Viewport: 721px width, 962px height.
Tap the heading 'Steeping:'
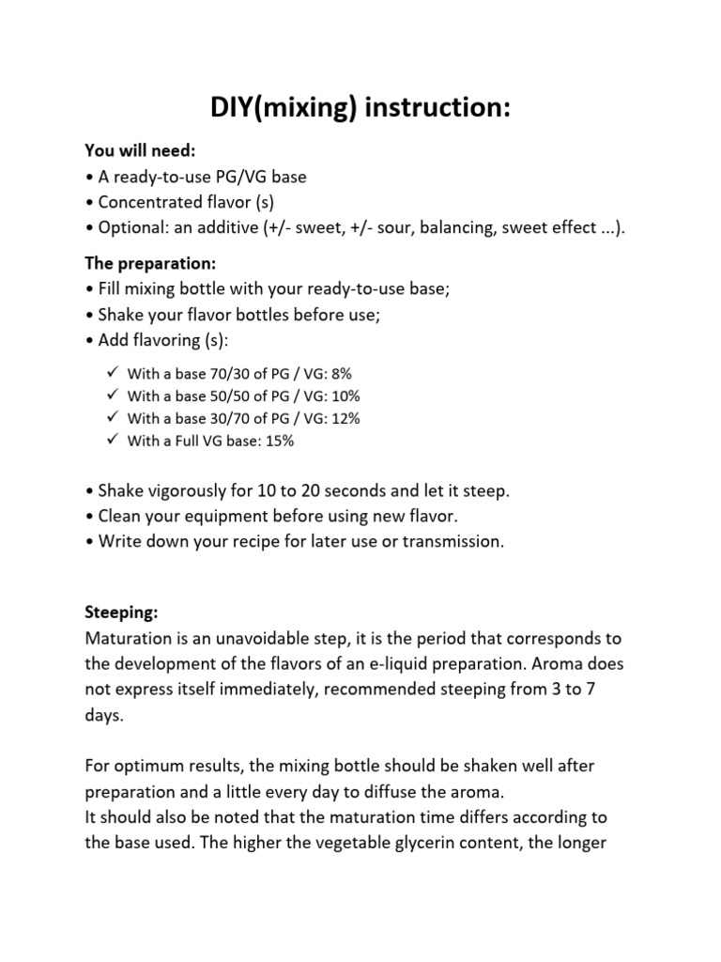[x=121, y=613]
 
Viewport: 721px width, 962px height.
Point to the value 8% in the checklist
[x=341, y=373]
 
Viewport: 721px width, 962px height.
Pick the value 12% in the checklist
[x=345, y=418]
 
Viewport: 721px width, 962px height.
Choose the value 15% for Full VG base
[x=278, y=441]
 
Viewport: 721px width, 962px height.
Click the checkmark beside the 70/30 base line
[x=112, y=373]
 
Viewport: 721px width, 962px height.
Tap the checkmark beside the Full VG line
[x=112, y=441]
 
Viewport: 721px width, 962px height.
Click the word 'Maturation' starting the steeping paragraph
[x=130, y=639]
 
